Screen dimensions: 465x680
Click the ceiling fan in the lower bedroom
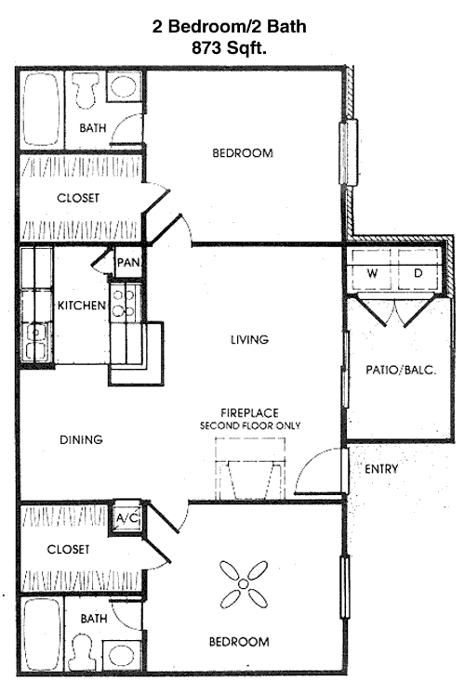pyautogui.click(x=244, y=583)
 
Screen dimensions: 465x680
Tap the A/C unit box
pyautogui.click(x=127, y=517)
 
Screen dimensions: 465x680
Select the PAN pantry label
pyautogui.click(x=128, y=262)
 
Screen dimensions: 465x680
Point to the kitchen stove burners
pyautogui.click(x=123, y=302)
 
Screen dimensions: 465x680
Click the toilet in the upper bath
pyautogui.click(x=86, y=90)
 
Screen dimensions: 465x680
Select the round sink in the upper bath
pyautogui.click(x=124, y=85)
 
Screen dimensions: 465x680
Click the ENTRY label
pyautogui.click(x=381, y=469)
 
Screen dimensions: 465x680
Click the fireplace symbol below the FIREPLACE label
pyautogui.click(x=250, y=468)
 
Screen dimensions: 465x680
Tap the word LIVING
pyautogui.click(x=249, y=339)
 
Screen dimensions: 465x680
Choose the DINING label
pyautogui.click(x=81, y=439)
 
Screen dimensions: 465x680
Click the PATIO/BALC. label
pyautogui.click(x=401, y=370)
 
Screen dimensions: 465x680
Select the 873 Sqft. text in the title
pyautogui.click(x=229, y=47)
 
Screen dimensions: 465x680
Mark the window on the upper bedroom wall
pyautogui.click(x=349, y=151)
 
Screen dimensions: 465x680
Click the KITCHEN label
pyautogui.click(x=82, y=306)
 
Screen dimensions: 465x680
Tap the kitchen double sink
pyautogui.click(x=36, y=342)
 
